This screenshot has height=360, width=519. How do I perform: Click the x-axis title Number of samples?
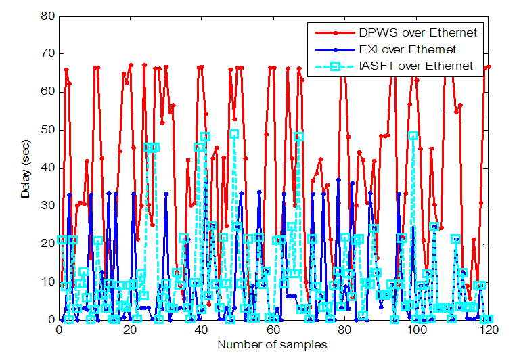[272, 346]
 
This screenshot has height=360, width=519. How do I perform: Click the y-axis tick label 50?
[48, 129]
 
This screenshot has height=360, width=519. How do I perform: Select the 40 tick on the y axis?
[48, 167]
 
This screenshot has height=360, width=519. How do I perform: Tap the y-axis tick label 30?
[48, 206]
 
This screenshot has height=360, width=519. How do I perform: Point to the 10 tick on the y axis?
[48, 282]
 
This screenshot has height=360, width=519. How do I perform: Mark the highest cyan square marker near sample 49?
[234, 134]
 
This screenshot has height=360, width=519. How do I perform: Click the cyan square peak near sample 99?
[413, 135]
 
